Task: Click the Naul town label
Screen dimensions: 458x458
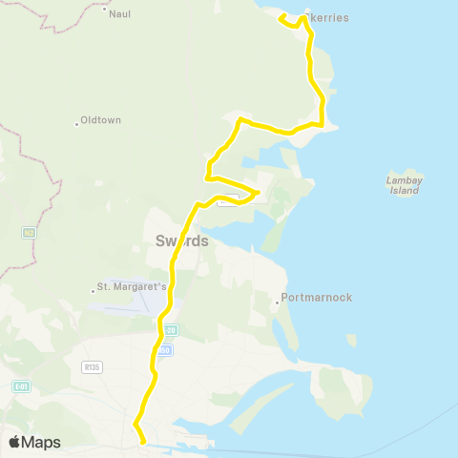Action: coord(120,14)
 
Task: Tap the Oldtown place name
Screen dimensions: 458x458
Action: coord(98,120)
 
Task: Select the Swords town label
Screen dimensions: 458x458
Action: coord(181,241)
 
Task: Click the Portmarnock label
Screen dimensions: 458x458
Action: coord(318,298)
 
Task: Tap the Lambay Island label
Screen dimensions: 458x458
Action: coord(404,184)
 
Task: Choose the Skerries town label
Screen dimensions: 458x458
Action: coord(330,18)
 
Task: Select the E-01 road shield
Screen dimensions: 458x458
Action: coord(21,385)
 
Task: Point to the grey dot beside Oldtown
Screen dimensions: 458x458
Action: coord(76,123)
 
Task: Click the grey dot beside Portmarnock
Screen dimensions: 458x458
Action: coord(278,302)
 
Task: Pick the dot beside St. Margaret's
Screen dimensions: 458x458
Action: coord(93,288)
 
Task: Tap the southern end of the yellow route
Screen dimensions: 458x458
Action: coord(143,442)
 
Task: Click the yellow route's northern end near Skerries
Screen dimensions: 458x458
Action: coord(280,17)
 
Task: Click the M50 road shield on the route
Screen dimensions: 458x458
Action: coord(164,350)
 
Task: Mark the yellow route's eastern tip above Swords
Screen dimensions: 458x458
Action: coord(259,193)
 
